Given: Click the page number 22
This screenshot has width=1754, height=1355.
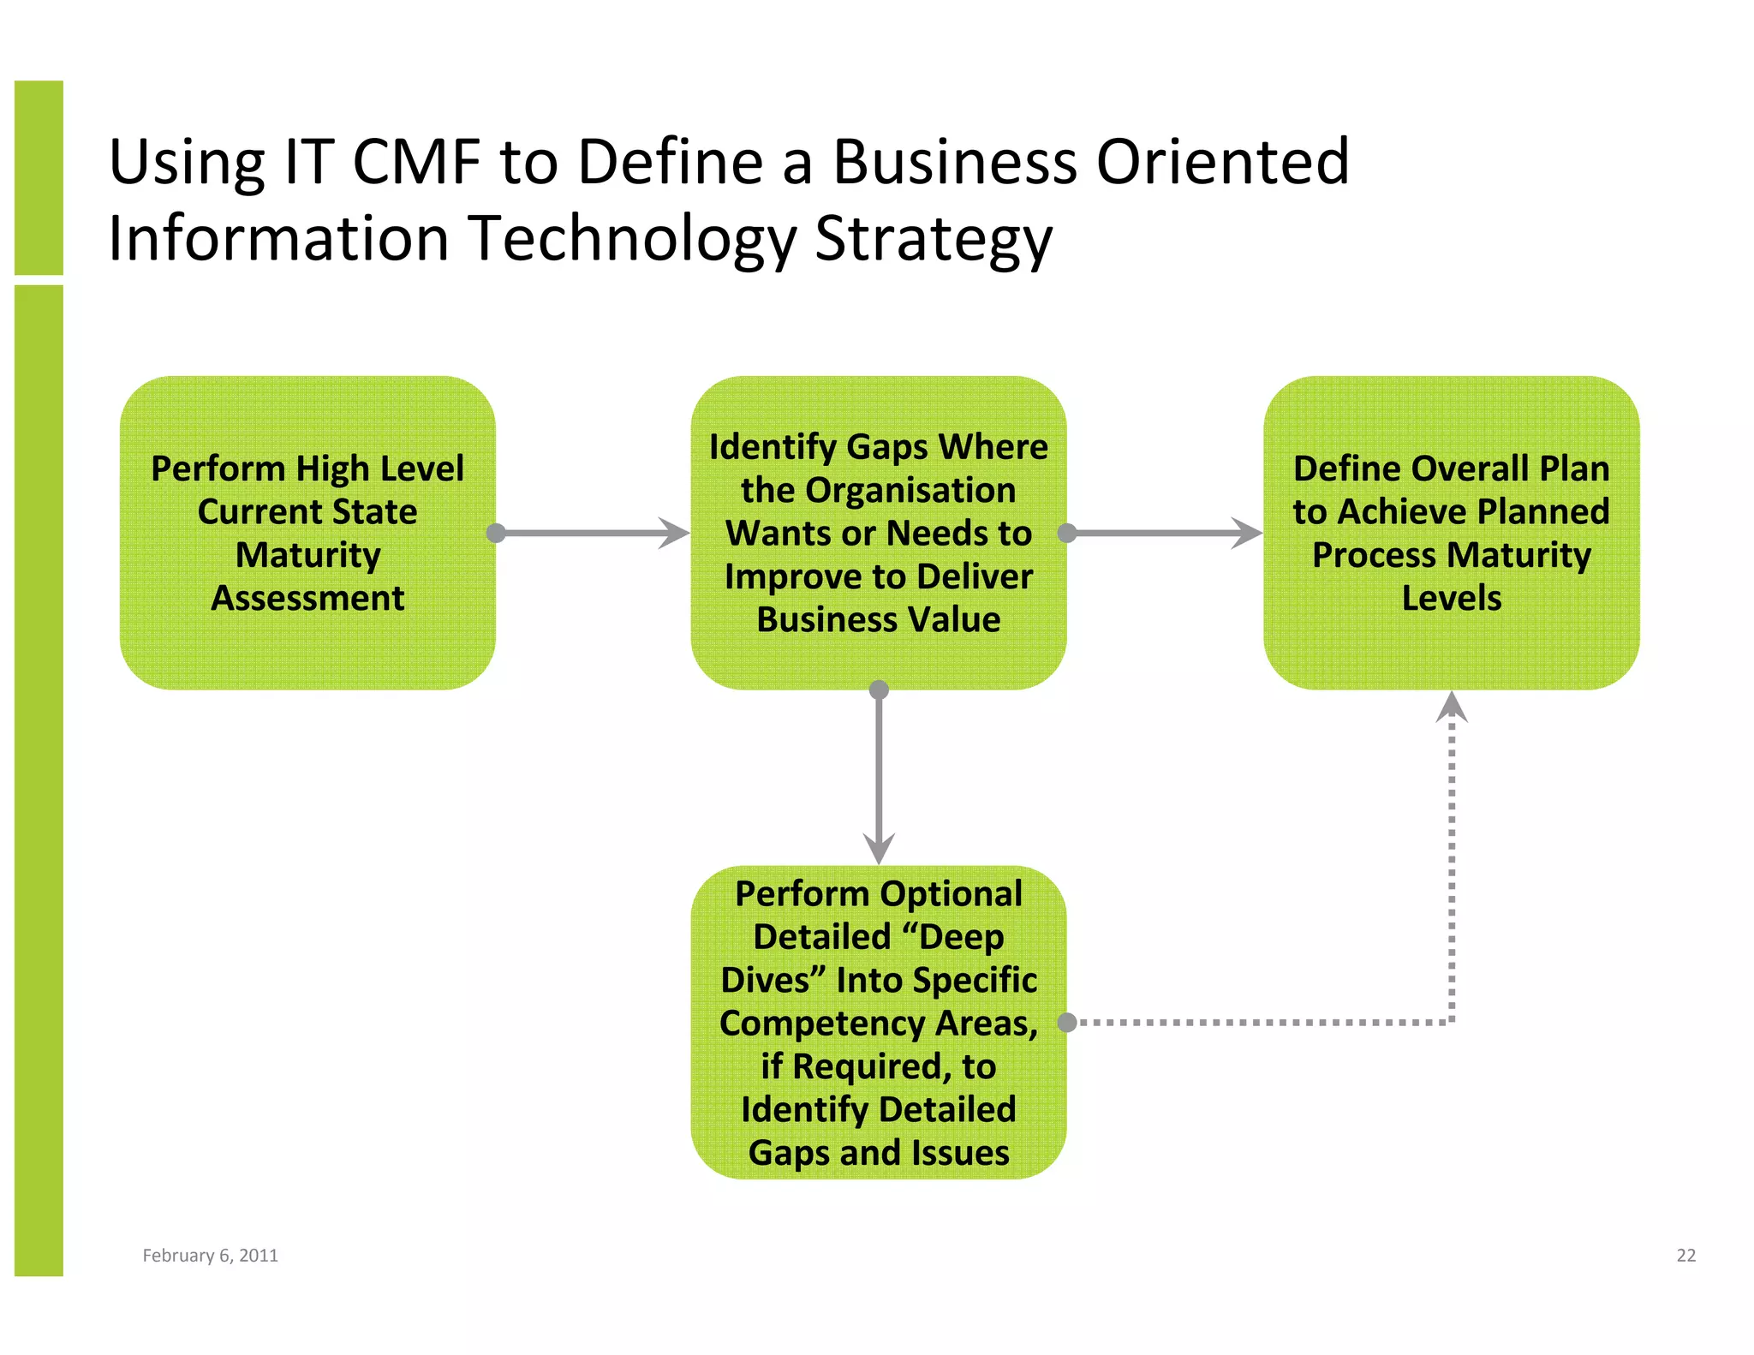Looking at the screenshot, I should pyautogui.click(x=1685, y=1255).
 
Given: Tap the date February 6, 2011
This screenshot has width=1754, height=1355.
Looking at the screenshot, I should pyautogui.click(x=210, y=1255).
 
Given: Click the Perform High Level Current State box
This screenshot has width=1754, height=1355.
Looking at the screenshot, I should pyautogui.click(x=307, y=533).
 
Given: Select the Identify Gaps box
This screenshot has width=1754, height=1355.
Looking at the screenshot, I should pyautogui.click(x=879, y=533).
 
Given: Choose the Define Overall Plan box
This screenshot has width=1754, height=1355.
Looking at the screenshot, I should pyautogui.click(x=1451, y=533).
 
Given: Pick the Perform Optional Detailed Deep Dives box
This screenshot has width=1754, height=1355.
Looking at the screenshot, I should pyautogui.click(x=879, y=1022).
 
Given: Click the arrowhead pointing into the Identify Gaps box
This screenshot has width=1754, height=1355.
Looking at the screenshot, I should pyautogui.click(x=675, y=533).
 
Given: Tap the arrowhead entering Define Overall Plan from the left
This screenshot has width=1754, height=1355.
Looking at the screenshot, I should pyautogui.click(x=1247, y=533).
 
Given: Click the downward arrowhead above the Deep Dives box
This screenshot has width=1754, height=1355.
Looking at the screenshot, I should pyautogui.click(x=879, y=848).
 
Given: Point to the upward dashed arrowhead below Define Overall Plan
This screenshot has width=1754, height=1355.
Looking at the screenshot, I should pyautogui.click(x=1452, y=707).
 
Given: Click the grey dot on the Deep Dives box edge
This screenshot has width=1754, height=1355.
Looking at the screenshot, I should pyautogui.click(x=1067, y=1022).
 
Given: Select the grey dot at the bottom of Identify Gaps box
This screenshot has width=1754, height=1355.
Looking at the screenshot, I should pyautogui.click(x=879, y=689).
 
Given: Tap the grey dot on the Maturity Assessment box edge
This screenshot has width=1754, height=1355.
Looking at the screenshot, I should pyautogui.click(x=496, y=533).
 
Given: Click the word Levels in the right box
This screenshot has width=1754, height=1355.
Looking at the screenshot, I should pyautogui.click(x=1451, y=598).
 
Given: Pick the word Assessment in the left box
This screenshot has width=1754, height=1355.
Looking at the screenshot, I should pyautogui.click(x=307, y=598).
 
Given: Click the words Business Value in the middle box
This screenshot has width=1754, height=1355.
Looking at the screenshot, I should pyautogui.click(x=879, y=619).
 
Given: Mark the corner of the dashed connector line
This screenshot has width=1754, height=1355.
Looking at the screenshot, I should pyautogui.click(x=1452, y=1022).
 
